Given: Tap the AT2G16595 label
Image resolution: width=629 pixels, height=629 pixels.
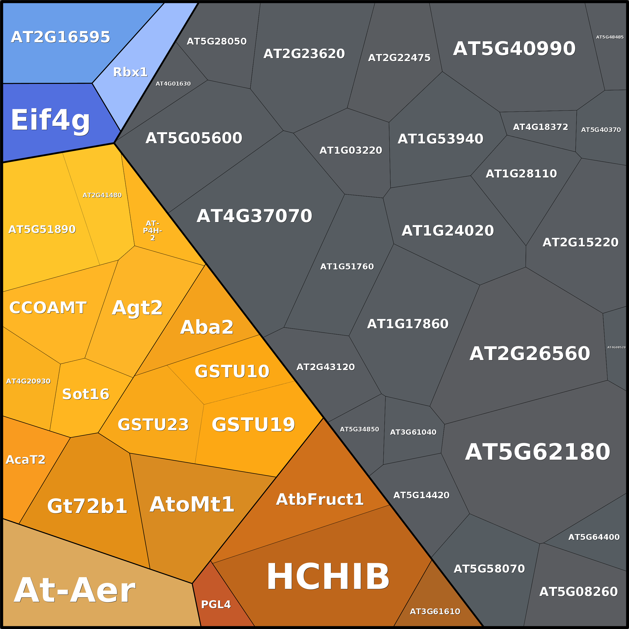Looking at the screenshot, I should (61, 37).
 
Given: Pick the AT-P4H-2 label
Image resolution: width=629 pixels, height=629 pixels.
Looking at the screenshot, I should (152, 231).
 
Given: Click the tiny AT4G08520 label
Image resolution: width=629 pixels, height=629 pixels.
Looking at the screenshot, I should (616, 347).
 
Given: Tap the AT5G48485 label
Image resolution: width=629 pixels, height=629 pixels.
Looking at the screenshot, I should (610, 37).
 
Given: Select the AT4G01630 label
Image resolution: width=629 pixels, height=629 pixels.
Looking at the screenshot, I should (173, 84).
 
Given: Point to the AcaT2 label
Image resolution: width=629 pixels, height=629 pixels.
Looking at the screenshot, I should (26, 460).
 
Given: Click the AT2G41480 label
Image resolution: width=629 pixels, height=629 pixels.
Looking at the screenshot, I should (102, 195).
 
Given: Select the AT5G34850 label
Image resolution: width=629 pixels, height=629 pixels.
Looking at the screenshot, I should (359, 429).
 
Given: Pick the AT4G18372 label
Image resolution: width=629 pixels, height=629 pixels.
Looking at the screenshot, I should (540, 127).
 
